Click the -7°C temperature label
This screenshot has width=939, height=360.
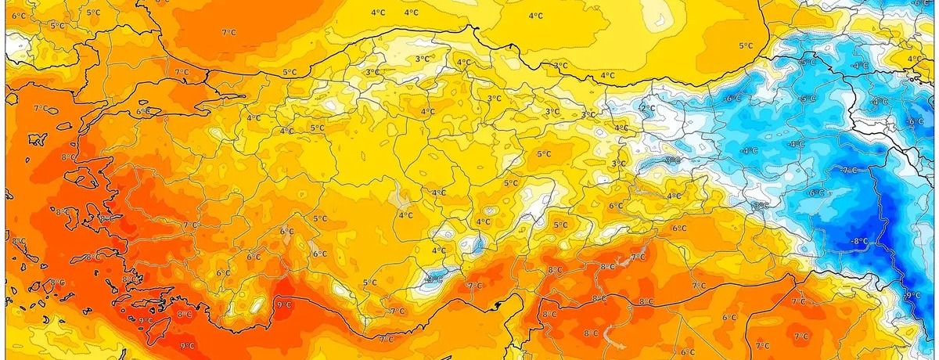850,169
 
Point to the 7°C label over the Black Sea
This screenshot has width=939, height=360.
228,32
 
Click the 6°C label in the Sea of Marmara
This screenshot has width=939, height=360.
143,111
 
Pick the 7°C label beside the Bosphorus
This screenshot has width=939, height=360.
182,72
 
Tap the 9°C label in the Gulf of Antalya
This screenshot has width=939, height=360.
283,304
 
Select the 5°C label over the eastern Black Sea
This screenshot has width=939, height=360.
745,45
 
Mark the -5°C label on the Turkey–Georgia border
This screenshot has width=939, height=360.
808,62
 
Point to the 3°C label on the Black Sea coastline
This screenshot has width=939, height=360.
559,66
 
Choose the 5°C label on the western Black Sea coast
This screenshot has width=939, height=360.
289,72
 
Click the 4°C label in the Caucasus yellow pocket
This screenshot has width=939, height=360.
913,59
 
